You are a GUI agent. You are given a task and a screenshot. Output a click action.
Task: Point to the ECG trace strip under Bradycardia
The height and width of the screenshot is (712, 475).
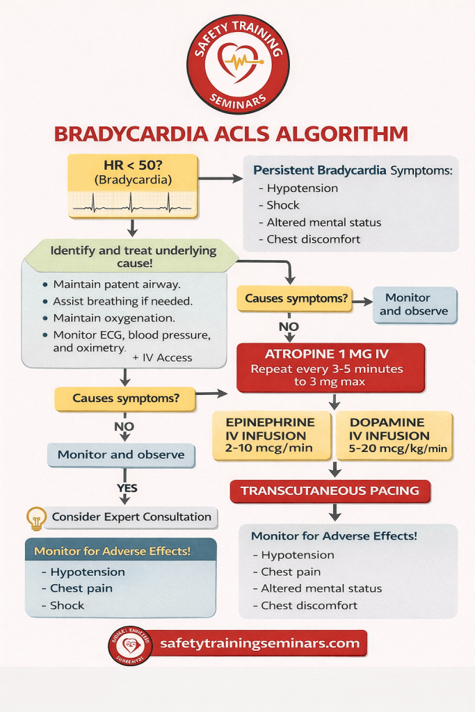pyautogui.click(x=132, y=202)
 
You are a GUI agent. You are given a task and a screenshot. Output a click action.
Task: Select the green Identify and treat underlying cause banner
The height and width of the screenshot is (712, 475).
pyautogui.click(x=131, y=257)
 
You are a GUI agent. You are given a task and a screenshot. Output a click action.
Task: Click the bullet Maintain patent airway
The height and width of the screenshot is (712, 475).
pyautogui.click(x=116, y=284)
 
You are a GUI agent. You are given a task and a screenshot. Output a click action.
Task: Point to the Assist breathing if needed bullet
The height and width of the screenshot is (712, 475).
pyautogui.click(x=122, y=301)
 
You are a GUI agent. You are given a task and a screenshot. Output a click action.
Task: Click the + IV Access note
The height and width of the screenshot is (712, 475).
pyautogui.click(x=162, y=357)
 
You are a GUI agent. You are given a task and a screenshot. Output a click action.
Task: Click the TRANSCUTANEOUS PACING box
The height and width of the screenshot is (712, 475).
pyautogui.click(x=330, y=491)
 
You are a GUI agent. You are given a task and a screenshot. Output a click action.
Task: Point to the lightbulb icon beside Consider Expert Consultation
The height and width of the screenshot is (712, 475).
pyautogui.click(x=35, y=517)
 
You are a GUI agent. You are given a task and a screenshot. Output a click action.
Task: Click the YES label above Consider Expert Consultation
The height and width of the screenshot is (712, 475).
pyautogui.click(x=127, y=487)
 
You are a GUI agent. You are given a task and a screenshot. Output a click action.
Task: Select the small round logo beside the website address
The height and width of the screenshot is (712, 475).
pyautogui.click(x=130, y=645)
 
